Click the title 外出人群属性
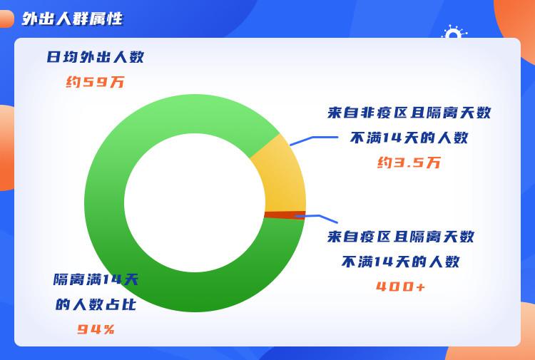click(x=72, y=19)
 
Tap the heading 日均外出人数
click(x=95, y=57)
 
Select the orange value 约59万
click(x=95, y=82)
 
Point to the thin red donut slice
click(x=285, y=215)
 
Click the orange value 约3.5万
click(x=409, y=163)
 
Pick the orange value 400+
click(x=401, y=287)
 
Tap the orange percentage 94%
click(x=96, y=329)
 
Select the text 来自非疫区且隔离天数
click(x=409, y=113)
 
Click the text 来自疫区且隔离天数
click(x=401, y=237)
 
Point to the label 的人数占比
click(x=96, y=304)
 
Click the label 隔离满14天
click(x=96, y=279)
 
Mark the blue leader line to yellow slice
click(x=313, y=140)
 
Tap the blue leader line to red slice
click(x=317, y=217)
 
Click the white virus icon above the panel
click(x=454, y=31)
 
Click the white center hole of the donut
click(x=195, y=203)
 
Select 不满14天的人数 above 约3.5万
click(x=409, y=138)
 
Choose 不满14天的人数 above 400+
click(x=401, y=262)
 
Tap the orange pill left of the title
click(x=7, y=19)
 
